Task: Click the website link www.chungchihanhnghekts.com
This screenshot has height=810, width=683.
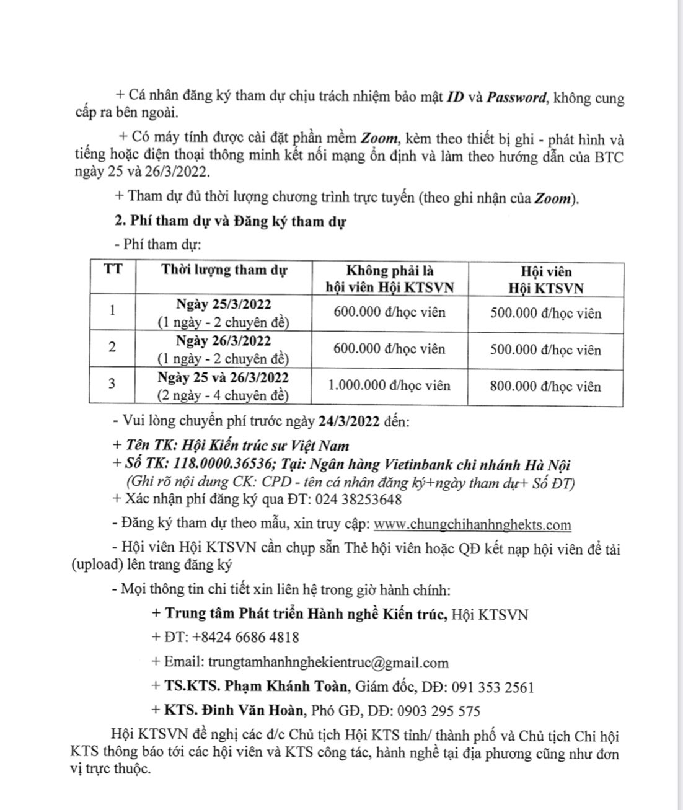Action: (473, 525)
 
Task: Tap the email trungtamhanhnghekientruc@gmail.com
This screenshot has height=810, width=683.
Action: (328, 663)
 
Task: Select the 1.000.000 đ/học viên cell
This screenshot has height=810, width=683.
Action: (389, 385)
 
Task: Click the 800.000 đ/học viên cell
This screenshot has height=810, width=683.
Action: (545, 386)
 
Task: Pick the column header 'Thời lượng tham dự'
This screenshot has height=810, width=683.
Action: (224, 270)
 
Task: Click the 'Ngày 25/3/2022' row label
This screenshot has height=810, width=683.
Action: (223, 304)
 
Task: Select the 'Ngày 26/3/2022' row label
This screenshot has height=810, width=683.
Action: (223, 341)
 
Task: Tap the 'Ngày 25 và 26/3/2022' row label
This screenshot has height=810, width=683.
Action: (223, 377)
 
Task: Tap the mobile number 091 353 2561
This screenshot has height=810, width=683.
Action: (493, 687)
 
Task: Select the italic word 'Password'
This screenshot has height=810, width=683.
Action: (517, 98)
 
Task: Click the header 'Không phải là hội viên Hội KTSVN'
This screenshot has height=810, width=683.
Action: (390, 278)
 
